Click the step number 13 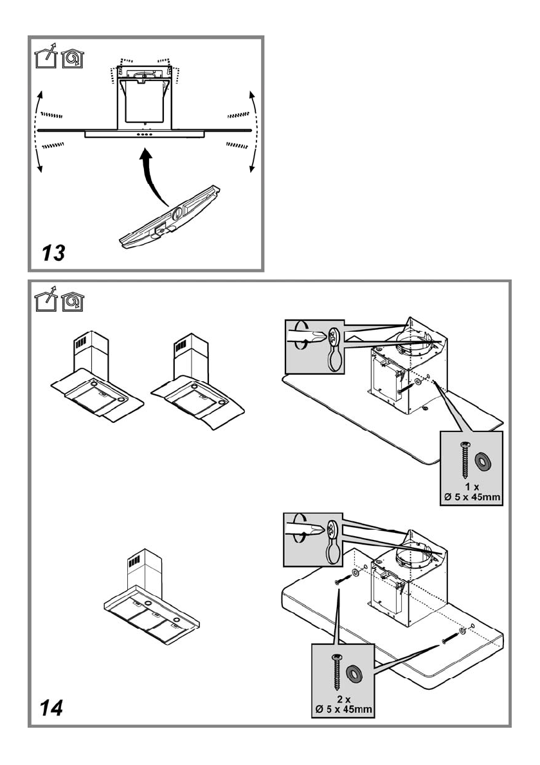pyautogui.click(x=54, y=253)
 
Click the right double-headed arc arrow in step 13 pyautogui.click(x=252, y=132)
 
